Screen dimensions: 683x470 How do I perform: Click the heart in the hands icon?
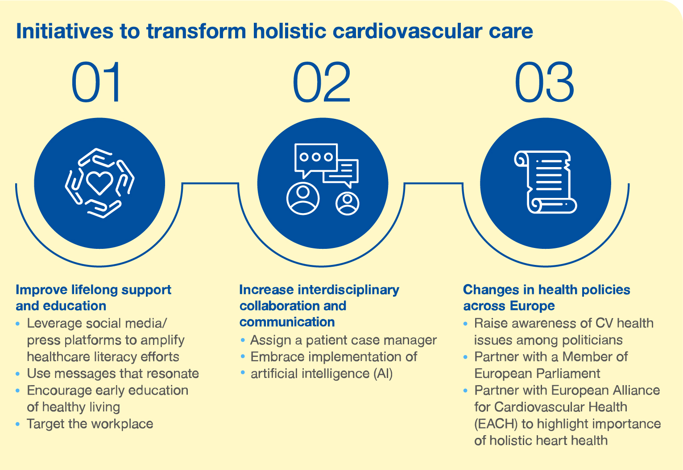[x=99, y=183]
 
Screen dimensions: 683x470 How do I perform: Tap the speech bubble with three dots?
[x=316, y=160]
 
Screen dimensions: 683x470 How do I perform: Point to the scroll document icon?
[x=545, y=182]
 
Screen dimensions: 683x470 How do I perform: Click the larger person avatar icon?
[x=303, y=198]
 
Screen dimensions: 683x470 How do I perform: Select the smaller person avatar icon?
[x=347, y=203]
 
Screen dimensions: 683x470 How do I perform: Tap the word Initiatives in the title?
[x=65, y=31]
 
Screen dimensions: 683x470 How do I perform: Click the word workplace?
[x=122, y=424]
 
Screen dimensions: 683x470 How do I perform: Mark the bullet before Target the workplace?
[x=18, y=424]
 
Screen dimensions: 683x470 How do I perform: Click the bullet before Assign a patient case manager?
[x=243, y=340]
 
